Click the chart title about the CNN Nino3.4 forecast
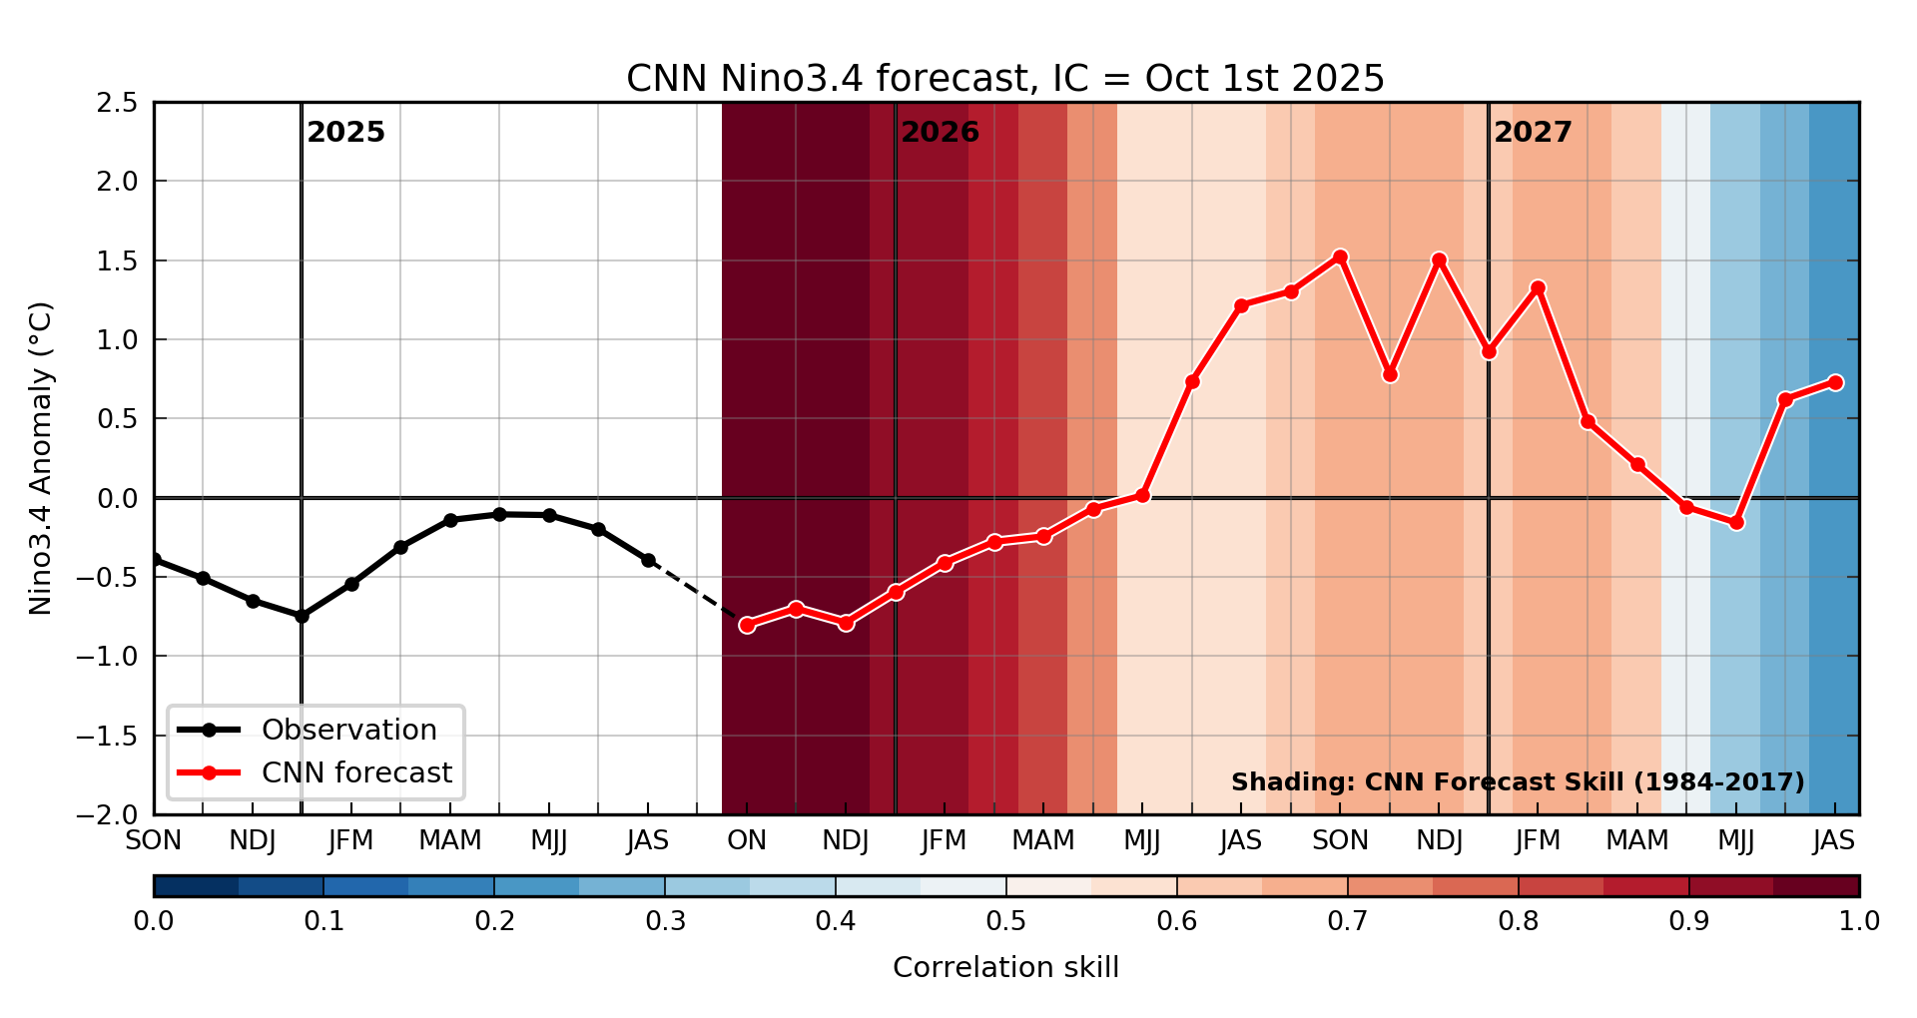[x=1005, y=78]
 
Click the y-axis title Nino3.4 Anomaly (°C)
[x=41, y=458]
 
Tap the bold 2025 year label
[x=345, y=133]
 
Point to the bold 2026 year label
[x=940, y=133]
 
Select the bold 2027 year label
[x=1533, y=133]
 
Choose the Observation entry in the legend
[x=348, y=730]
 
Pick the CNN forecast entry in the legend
[x=356, y=772]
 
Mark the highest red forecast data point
[x=1340, y=257]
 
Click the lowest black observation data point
[x=302, y=616]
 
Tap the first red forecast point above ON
[x=747, y=625]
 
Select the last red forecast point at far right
[x=1835, y=382]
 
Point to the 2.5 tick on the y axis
[x=118, y=103]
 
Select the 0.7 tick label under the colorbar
[x=1347, y=921]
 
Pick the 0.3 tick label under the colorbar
[x=665, y=921]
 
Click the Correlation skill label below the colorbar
[x=1005, y=967]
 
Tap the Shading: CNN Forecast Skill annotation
[x=1518, y=782]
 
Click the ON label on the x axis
[x=747, y=841]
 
